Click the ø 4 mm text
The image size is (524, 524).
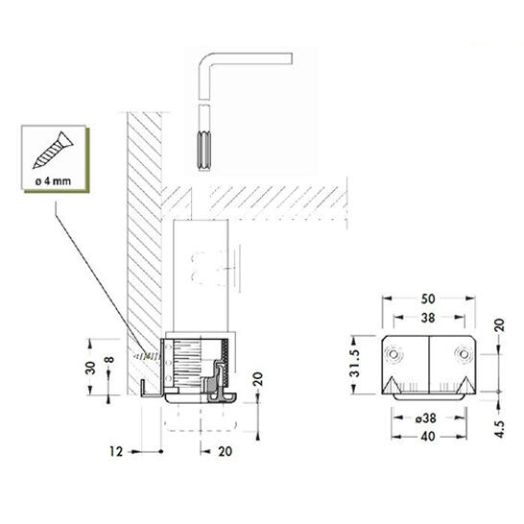coord(53,181)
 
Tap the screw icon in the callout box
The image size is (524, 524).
coord(53,150)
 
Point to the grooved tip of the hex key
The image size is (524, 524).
coord(203,151)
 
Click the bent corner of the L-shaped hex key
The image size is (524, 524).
coord(205,60)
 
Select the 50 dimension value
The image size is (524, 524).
coord(428,299)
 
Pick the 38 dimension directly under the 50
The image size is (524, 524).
coord(428,319)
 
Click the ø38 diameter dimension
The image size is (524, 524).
coord(426,418)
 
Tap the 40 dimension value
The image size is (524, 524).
coord(428,437)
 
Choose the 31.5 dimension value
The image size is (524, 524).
coord(354,364)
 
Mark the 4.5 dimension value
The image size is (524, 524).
coord(499,429)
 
